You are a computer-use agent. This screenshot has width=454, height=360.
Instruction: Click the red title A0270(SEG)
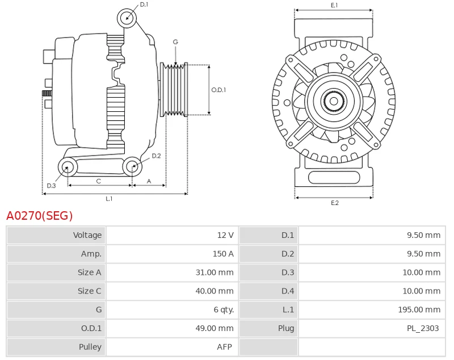pos(40,216)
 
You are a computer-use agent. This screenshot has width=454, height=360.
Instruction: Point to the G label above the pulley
pos(175,42)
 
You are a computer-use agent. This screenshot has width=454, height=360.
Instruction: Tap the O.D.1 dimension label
pos(218,90)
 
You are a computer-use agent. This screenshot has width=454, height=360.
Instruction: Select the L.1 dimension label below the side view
pos(109,199)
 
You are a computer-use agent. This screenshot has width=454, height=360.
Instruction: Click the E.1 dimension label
pos(334,5)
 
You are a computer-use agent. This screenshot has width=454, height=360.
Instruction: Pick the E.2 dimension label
pos(334,203)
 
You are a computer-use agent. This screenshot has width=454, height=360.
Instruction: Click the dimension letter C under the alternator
pos(98,181)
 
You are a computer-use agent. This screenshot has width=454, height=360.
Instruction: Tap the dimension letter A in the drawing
pos(149,181)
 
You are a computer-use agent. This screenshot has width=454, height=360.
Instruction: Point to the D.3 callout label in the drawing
pos(51,186)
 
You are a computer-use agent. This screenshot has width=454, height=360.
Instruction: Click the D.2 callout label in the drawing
pos(156,156)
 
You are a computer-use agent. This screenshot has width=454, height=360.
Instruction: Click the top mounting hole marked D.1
pos(127,18)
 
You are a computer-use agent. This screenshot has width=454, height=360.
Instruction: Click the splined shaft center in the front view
pos(334,102)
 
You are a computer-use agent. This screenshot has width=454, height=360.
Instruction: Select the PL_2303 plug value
pos(422,328)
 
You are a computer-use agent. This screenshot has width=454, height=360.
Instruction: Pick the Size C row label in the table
pos(89,291)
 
